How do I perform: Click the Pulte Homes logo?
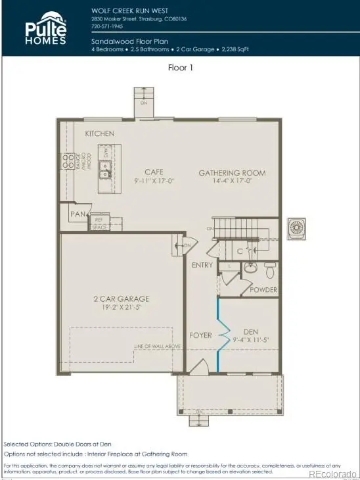[x=46, y=30]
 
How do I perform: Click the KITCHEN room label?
[x=99, y=133]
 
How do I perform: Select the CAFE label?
[x=154, y=172]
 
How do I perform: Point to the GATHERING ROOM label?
[x=232, y=173]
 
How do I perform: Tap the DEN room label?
[x=250, y=331]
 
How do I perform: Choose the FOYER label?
[x=201, y=335]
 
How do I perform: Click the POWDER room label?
[x=264, y=290]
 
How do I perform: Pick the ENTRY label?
[x=202, y=265]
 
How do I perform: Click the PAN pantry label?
[x=78, y=214]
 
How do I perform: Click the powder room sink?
[x=250, y=268]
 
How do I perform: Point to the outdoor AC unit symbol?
[x=297, y=227]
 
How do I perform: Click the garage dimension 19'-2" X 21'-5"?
[x=122, y=306]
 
